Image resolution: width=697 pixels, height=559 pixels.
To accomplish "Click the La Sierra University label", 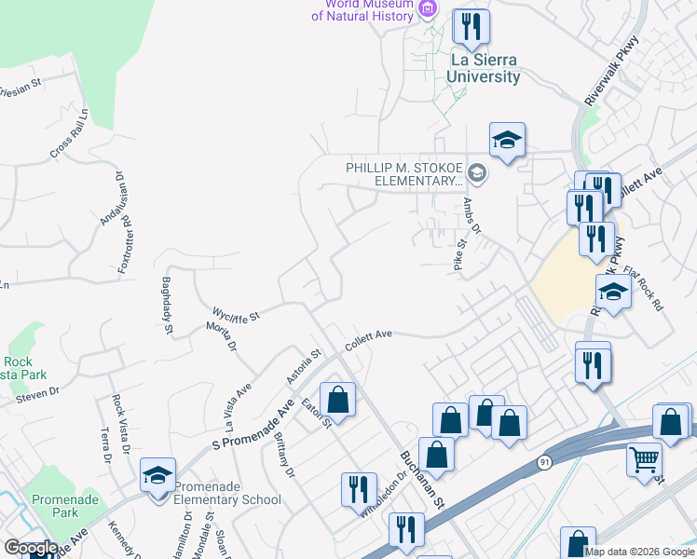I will (485, 68).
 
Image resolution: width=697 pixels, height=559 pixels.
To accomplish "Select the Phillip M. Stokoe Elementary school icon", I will (477, 171).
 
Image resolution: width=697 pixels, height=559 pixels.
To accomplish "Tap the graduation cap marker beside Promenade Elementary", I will (157, 476).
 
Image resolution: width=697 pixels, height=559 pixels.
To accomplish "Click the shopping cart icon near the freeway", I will (644, 460).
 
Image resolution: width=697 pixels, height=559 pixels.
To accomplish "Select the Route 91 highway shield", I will (543, 460).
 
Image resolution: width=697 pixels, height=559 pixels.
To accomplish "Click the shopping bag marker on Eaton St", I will (337, 401).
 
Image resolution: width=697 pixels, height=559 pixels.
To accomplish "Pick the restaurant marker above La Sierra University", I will (471, 26).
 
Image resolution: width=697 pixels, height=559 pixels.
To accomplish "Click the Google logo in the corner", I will (30, 548).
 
